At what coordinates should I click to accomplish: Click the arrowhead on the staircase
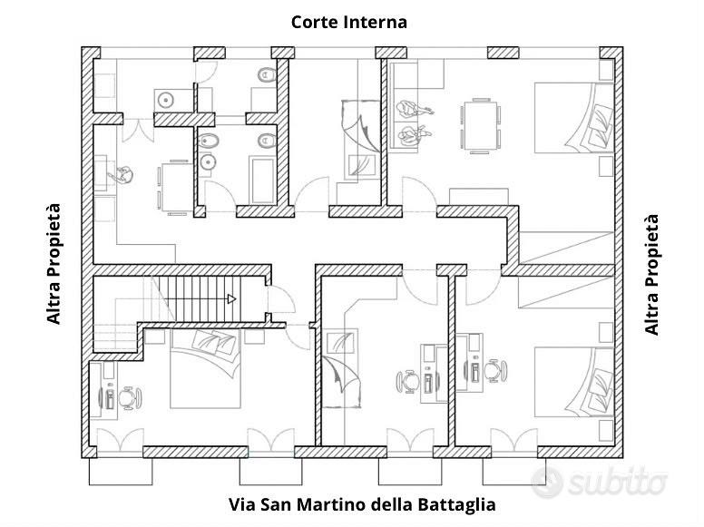tap(231, 298)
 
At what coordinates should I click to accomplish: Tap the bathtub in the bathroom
tap(263, 181)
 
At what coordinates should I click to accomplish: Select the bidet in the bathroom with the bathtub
tap(207, 141)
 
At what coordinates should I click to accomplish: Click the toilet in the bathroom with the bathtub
tap(267, 141)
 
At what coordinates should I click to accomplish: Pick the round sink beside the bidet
tap(208, 162)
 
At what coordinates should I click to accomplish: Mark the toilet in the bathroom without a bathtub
tap(267, 74)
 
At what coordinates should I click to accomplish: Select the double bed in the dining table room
tap(573, 118)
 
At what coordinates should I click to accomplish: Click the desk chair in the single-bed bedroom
tap(407, 382)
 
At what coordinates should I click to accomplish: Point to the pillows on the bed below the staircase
tap(214, 343)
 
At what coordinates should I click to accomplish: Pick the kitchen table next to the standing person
tap(177, 187)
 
